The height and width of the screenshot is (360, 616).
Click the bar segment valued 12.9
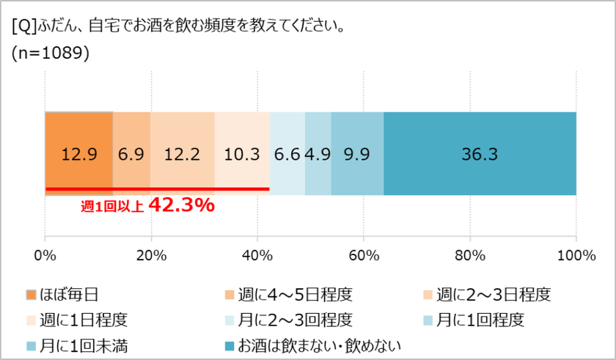pyautogui.click(x=78, y=154)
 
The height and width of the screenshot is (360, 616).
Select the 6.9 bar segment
pyautogui.click(x=131, y=154)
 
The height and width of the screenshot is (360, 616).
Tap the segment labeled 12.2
pyautogui.click(x=182, y=154)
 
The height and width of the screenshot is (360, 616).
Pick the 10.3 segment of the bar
pyautogui.click(x=242, y=154)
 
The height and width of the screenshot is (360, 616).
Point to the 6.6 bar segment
pyautogui.click(x=287, y=154)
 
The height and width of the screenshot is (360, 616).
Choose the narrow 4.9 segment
pyautogui.click(x=318, y=154)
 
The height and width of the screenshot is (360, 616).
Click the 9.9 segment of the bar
pyautogui.click(x=357, y=154)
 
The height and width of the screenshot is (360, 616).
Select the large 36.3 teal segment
pyautogui.click(x=480, y=154)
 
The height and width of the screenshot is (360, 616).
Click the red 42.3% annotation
pyautogui.click(x=181, y=206)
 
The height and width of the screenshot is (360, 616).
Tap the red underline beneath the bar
pyautogui.click(x=157, y=189)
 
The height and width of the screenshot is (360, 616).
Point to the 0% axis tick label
pyautogui.click(x=45, y=256)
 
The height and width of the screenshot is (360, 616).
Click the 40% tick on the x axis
pyautogui.click(x=257, y=256)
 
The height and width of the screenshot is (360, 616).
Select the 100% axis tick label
pyautogui.click(x=576, y=256)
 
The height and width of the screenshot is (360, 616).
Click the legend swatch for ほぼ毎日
pyautogui.click(x=31, y=295)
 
